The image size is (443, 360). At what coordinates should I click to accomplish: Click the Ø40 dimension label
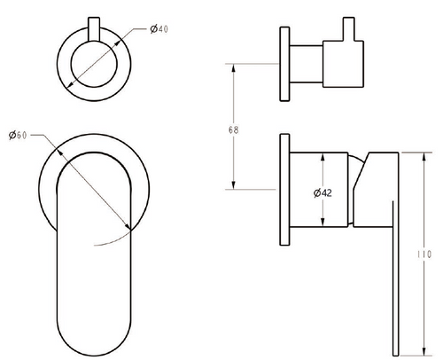pos(159,30)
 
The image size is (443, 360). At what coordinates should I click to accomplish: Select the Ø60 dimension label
pos(19,135)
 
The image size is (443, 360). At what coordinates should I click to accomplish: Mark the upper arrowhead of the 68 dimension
pos(232,66)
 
